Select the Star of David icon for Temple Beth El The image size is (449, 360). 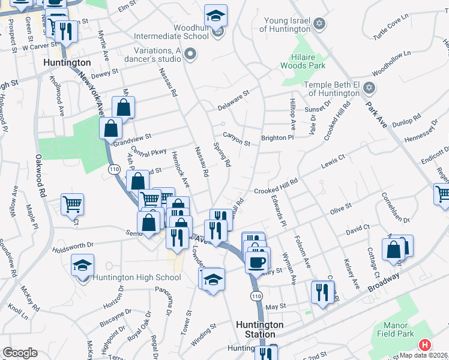[x=369, y=88]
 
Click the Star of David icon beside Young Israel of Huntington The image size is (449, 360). [x=319, y=24]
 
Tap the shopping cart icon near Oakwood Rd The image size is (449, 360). [x=72, y=203]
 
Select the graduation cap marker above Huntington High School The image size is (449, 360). [x=83, y=265]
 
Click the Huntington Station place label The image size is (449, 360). [x=259, y=329]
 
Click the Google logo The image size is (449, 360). [x=20, y=353]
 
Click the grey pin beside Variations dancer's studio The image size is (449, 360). [x=191, y=55]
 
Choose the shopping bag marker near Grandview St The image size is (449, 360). [x=111, y=128]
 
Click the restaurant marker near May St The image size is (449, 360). [x=322, y=292]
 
